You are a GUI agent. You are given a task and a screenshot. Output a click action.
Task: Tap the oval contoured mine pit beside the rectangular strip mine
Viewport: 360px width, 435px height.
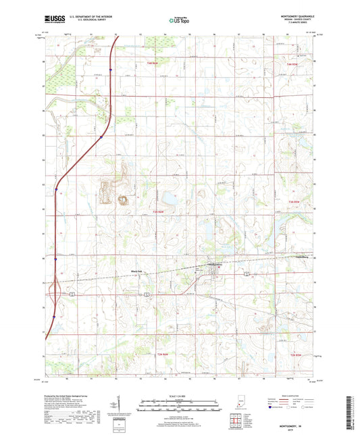point(124,199)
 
